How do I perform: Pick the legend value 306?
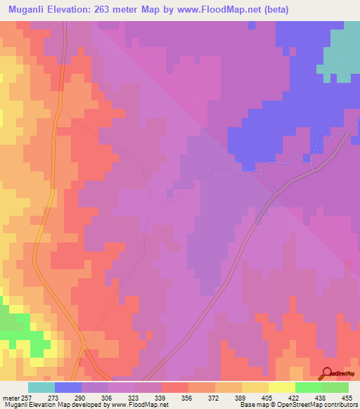pos(108,398)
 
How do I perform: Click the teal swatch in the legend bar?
pos(41,387)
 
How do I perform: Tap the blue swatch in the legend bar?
pos(68,387)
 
